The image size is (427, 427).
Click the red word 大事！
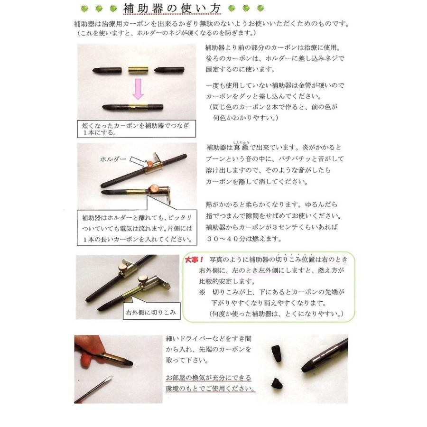click(195, 260)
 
